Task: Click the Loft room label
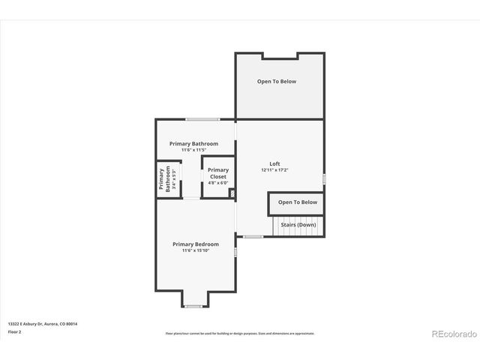click(275, 164)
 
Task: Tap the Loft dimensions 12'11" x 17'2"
click(275, 170)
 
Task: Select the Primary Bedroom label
click(195, 244)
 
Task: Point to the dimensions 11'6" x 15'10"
click(195, 250)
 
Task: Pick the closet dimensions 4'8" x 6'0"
click(218, 183)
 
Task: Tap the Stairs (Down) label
click(298, 225)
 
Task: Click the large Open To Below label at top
click(277, 81)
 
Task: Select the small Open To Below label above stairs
click(298, 202)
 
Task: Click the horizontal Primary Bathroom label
click(193, 143)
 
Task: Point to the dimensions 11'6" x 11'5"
click(193, 150)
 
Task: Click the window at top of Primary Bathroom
click(203, 119)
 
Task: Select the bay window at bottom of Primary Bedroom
click(193, 306)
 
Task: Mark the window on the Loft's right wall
click(324, 178)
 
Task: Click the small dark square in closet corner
click(232, 193)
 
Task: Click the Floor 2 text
click(15, 331)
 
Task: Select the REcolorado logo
click(453, 334)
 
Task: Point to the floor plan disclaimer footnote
click(240, 334)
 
